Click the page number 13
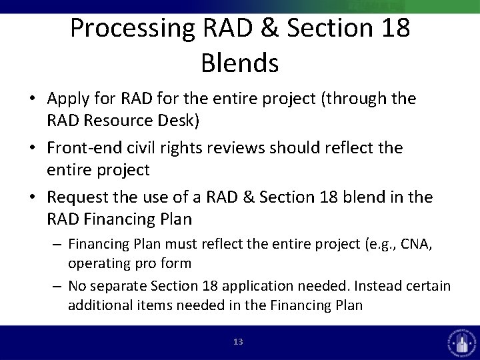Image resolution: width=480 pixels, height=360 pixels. [x=239, y=342]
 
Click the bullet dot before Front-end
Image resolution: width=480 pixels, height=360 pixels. [x=33, y=148]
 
